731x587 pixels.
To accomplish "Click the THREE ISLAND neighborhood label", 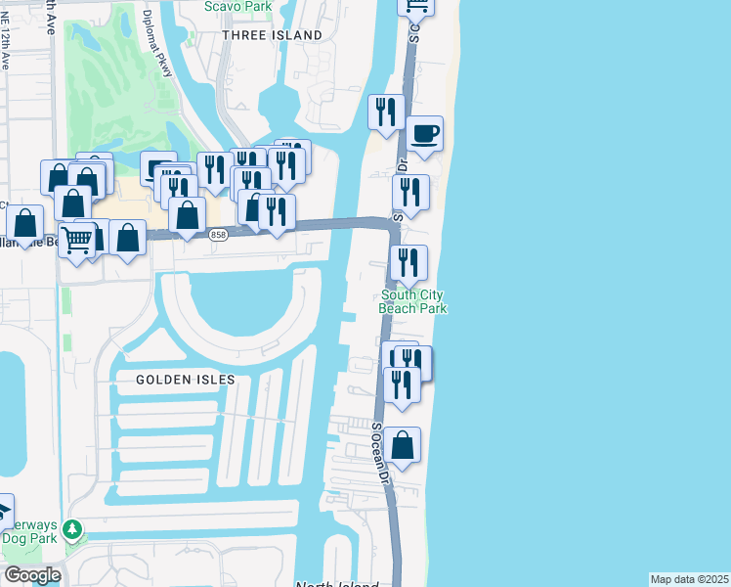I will [272, 35].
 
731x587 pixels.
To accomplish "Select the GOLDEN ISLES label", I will [179, 379].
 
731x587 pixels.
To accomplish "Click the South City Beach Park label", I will [413, 301].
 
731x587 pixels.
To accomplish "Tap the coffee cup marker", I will [424, 134].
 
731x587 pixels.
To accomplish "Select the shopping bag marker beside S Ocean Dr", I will [402, 446].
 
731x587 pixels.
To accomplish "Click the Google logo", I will [31, 575].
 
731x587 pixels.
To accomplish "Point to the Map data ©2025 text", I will [688, 579].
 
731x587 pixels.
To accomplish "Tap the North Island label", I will [336, 584].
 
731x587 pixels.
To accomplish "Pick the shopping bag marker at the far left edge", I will [25, 224].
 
